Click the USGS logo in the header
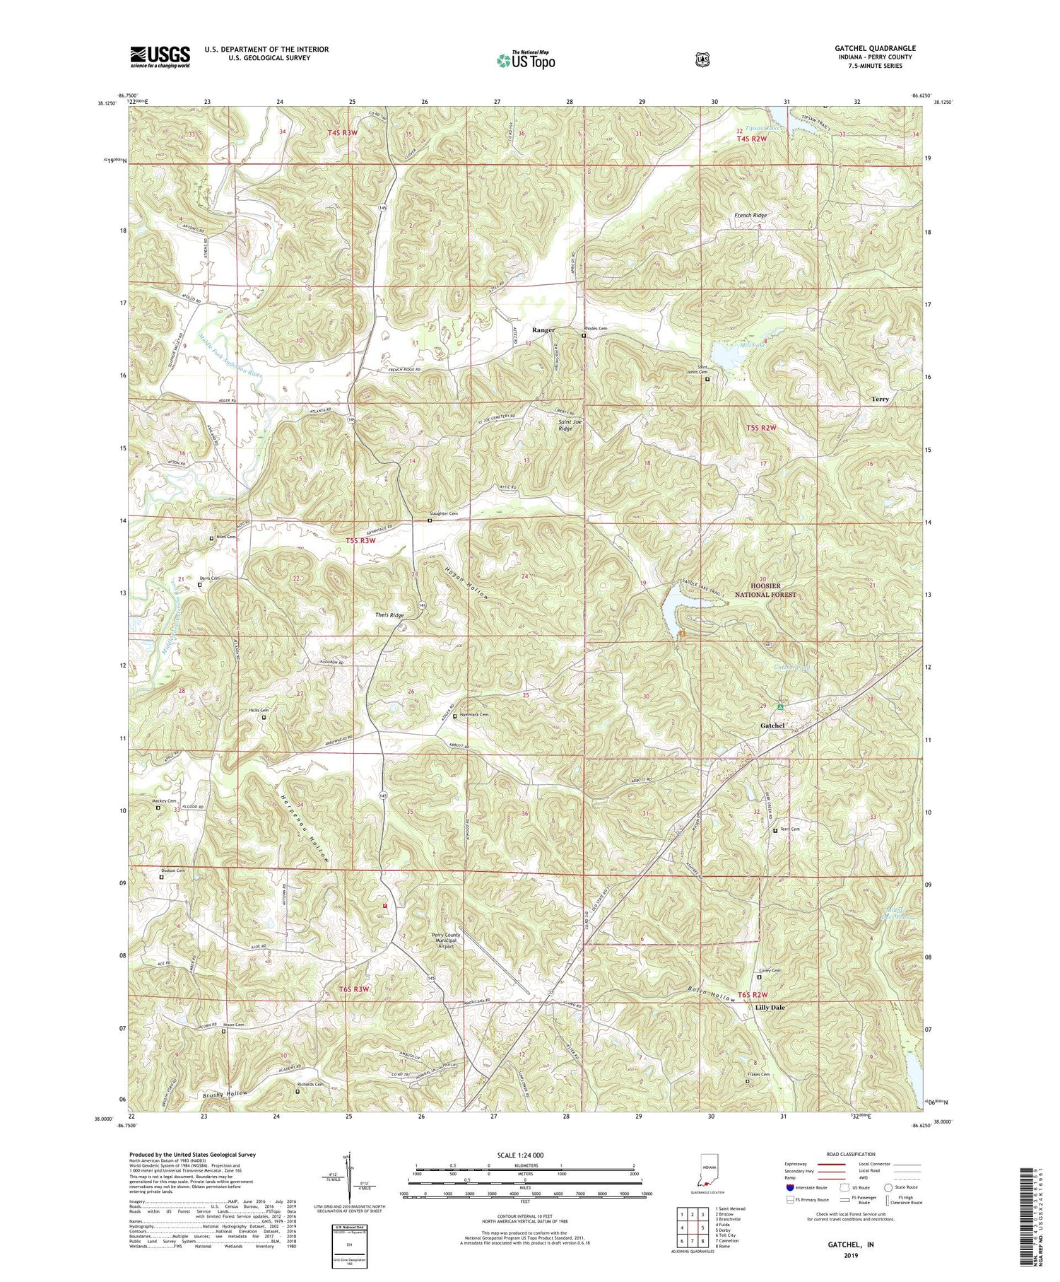[x=160, y=56]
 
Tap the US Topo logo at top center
[x=526, y=60]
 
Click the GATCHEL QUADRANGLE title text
[x=875, y=48]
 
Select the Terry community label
[x=880, y=399]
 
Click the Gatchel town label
[x=772, y=726]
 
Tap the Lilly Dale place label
[x=770, y=1007]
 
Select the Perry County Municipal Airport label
[x=446, y=940]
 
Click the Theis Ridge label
[x=389, y=615]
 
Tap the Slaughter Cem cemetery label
[x=444, y=513]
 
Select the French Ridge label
[x=750, y=215]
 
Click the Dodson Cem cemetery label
[x=172, y=870]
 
